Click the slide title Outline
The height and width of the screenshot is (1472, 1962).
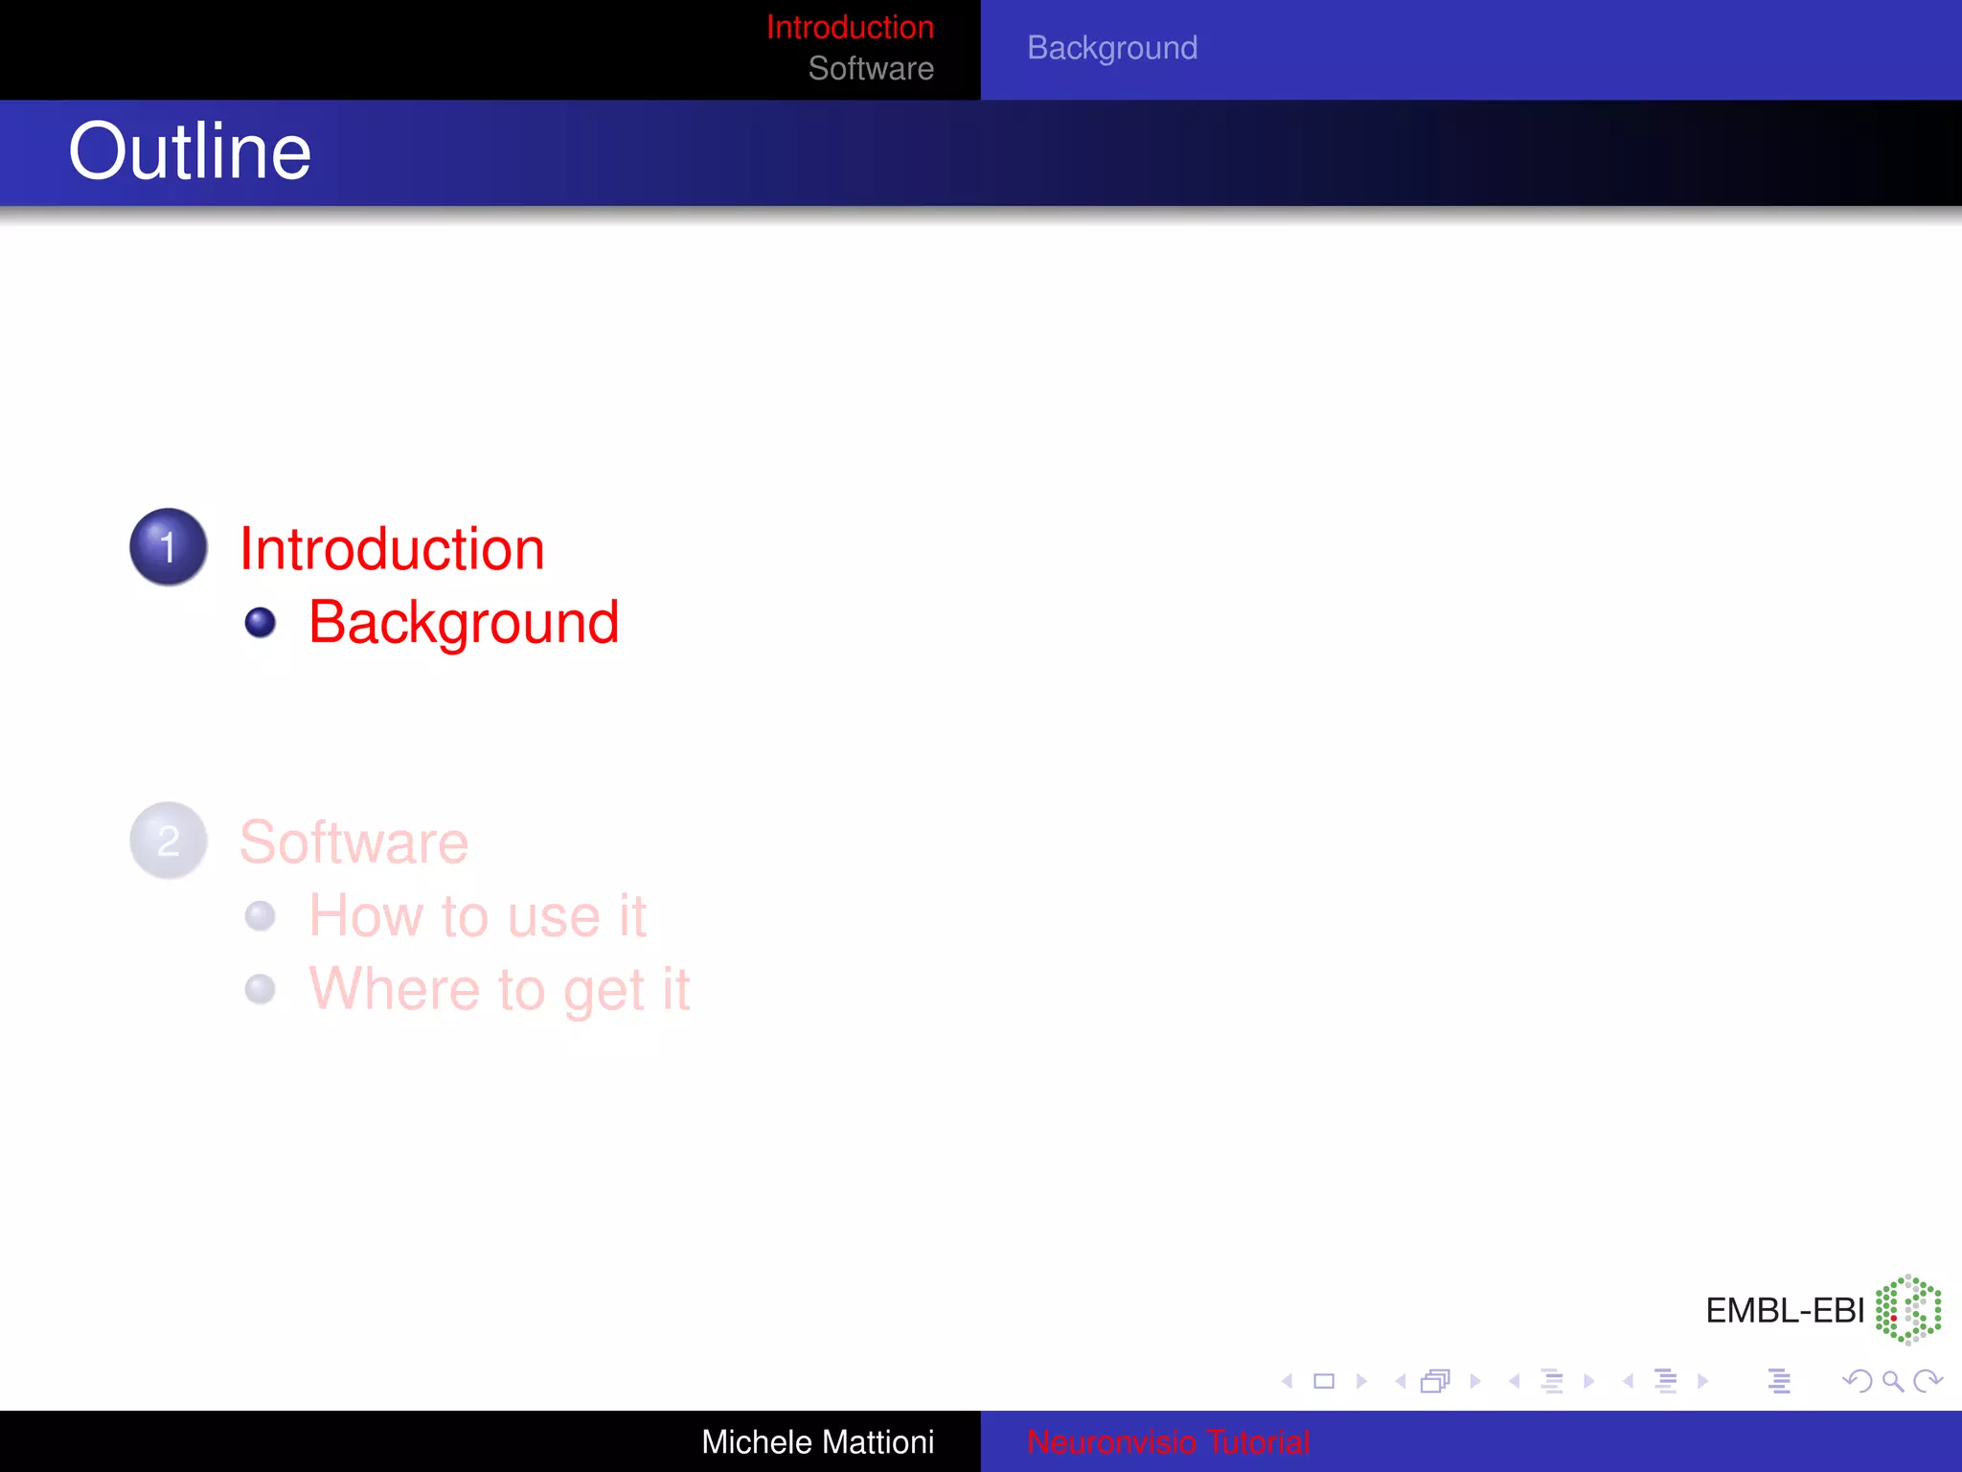point(190,151)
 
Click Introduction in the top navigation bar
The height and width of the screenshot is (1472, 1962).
point(849,27)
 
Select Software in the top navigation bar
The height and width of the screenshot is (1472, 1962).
point(870,69)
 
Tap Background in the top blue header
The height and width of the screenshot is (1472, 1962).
point(1111,48)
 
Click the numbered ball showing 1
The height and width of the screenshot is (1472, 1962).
point(169,547)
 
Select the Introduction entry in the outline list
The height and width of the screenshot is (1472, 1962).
point(391,549)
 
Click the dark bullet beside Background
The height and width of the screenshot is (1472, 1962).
point(260,623)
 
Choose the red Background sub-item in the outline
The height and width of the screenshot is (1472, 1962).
point(464,623)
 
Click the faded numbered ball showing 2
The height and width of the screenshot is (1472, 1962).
point(169,840)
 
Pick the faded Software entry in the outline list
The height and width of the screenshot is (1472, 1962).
point(354,842)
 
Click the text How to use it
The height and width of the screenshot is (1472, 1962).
point(477,916)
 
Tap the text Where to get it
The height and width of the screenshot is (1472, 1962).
point(498,989)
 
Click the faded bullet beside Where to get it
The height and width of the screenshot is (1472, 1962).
point(260,989)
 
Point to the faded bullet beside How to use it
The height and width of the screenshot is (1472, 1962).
point(260,916)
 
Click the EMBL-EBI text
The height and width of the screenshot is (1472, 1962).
point(1784,1310)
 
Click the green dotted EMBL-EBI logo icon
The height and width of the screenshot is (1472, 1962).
point(1907,1309)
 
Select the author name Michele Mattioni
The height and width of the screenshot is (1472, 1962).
point(817,1441)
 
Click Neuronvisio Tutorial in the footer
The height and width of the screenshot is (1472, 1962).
point(1167,1441)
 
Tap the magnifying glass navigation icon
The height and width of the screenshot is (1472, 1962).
point(1892,1381)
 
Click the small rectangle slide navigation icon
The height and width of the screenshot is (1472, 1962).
point(1324,1381)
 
